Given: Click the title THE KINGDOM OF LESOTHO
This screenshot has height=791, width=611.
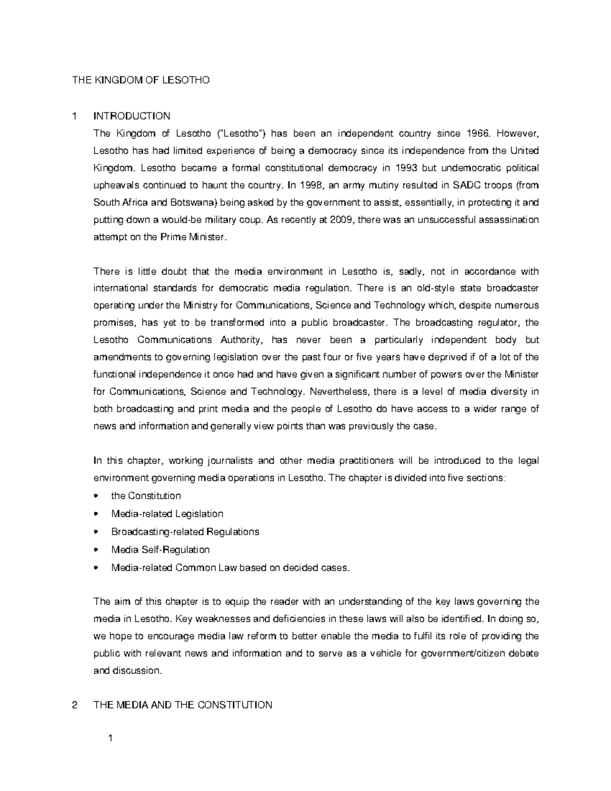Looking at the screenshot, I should coord(141,80).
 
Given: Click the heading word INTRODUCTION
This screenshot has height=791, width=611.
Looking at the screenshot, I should coord(132,116).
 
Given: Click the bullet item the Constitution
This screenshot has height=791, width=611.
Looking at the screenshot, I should coord(146,496).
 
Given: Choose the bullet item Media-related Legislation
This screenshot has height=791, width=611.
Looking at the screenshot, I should coord(167,513).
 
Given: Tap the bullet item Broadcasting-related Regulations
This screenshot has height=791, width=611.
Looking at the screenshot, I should coord(185,531).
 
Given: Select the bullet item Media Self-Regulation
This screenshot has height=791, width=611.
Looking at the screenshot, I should coord(160,550).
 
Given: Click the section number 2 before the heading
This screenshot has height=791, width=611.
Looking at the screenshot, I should coord(75,705).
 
